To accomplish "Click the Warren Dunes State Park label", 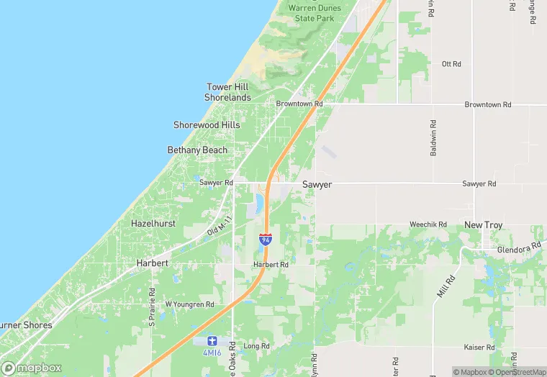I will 315,12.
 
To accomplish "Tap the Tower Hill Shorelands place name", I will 227,92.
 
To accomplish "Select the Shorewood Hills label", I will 207,125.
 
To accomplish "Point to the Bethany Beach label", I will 197,150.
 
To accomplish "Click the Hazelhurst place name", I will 154,224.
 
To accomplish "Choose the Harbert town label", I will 153,263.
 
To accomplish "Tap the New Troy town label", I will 483,225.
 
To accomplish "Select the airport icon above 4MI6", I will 212,340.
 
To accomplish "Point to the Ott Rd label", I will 451,64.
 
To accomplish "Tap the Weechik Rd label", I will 428,224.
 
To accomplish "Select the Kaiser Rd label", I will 480,348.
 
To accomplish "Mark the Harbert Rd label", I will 271,265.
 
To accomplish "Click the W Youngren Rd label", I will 190,304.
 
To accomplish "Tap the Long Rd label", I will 256,346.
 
